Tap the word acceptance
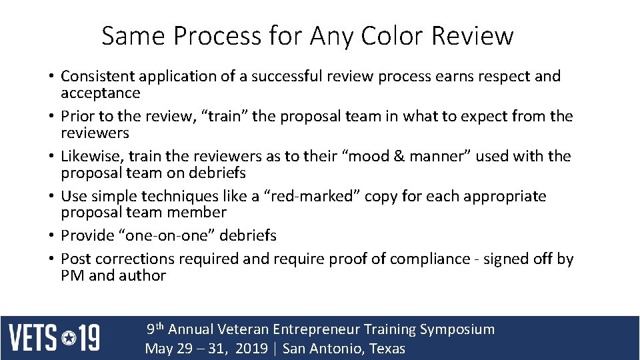(101, 93)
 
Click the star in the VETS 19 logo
(69, 338)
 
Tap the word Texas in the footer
(385, 349)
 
